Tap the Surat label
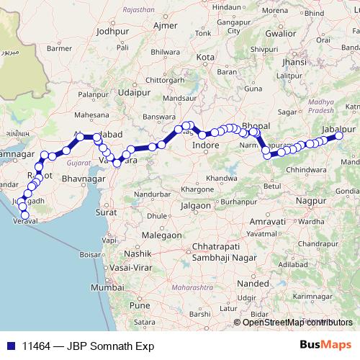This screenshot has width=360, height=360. [106, 213]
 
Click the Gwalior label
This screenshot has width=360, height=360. [280, 33]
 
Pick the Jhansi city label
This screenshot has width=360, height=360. [295, 61]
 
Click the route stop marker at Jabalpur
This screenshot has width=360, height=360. [339, 136]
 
